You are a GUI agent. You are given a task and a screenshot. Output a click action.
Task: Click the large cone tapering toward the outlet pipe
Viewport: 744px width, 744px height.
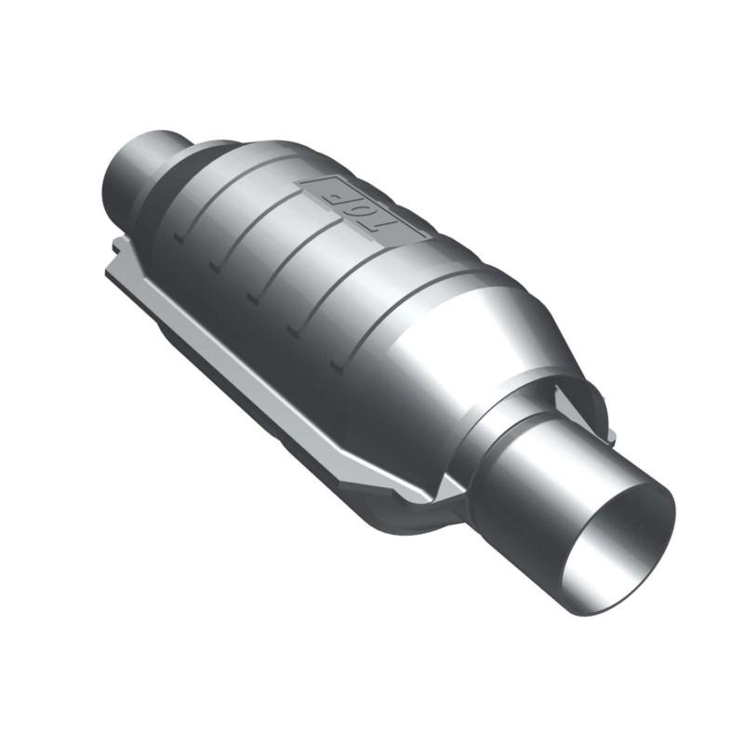tap(465, 353)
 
